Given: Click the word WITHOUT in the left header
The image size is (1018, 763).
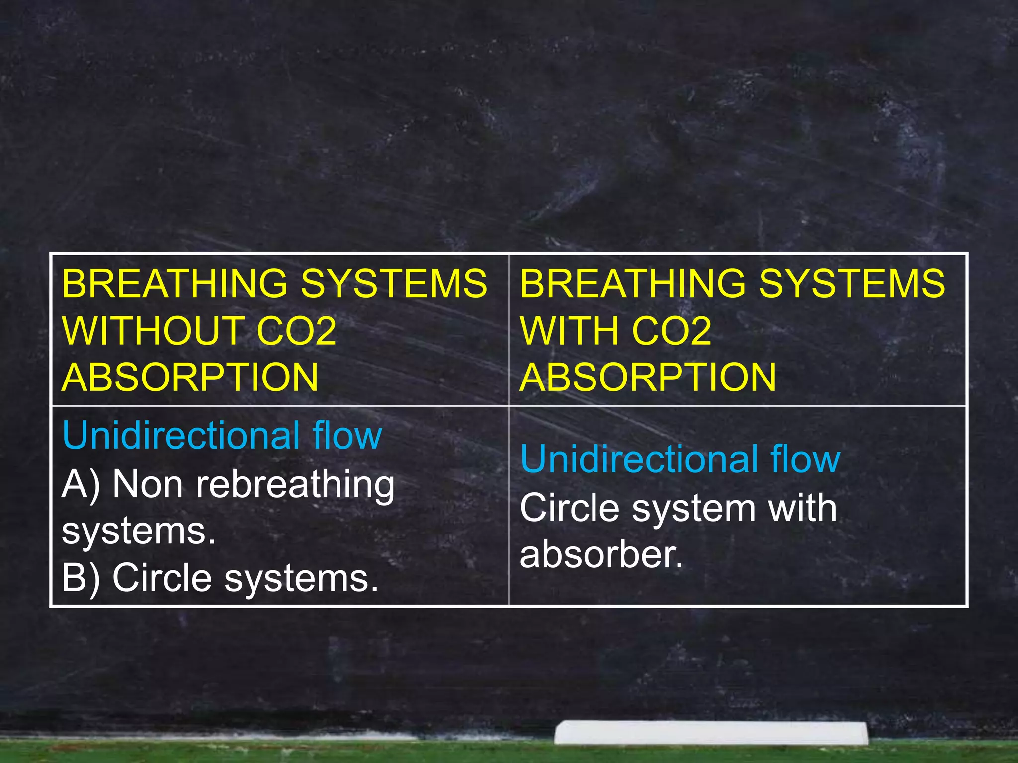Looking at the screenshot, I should [152, 331].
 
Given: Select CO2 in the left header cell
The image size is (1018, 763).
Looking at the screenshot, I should [297, 331].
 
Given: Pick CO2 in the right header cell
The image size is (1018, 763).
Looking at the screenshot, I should [672, 331].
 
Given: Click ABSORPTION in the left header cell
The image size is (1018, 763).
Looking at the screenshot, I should [190, 377].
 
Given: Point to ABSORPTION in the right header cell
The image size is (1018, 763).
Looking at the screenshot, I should [648, 377].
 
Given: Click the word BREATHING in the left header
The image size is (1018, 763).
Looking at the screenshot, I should [174, 284].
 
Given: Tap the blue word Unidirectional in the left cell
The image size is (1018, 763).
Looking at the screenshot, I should [181, 435].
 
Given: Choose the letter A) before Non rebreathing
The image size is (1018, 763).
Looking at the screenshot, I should [81, 484].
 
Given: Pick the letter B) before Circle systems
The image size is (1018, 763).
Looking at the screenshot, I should [81, 578].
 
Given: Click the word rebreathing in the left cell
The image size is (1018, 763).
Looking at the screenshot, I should [295, 485].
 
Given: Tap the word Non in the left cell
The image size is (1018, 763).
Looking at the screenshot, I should [148, 484].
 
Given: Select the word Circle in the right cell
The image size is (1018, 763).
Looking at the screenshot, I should [570, 508].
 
